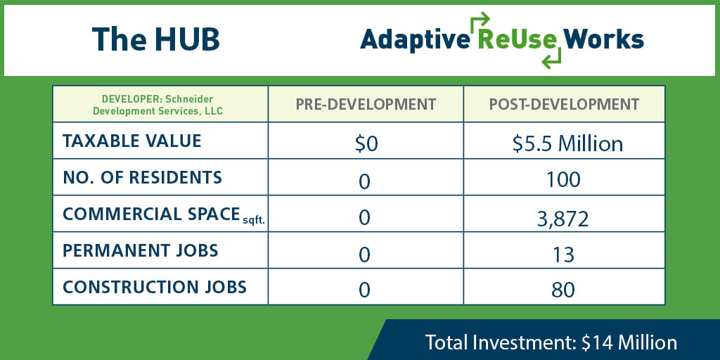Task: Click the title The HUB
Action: [x=155, y=39]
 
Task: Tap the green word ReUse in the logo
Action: [x=517, y=39]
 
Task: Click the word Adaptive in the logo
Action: [x=415, y=40]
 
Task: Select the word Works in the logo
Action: [x=603, y=39]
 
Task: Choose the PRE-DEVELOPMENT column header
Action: [x=366, y=104]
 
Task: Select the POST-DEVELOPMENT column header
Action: [x=564, y=104]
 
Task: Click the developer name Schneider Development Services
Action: [x=158, y=105]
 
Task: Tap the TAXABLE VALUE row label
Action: [x=131, y=141]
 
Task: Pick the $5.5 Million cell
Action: [x=567, y=144]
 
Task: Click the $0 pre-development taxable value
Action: [x=366, y=145]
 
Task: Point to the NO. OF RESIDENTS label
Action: [x=142, y=178]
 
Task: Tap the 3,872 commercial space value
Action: [x=563, y=219]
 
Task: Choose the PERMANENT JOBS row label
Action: [x=140, y=251]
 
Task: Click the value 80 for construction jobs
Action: [x=563, y=290]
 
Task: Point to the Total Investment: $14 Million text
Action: [x=551, y=342]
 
